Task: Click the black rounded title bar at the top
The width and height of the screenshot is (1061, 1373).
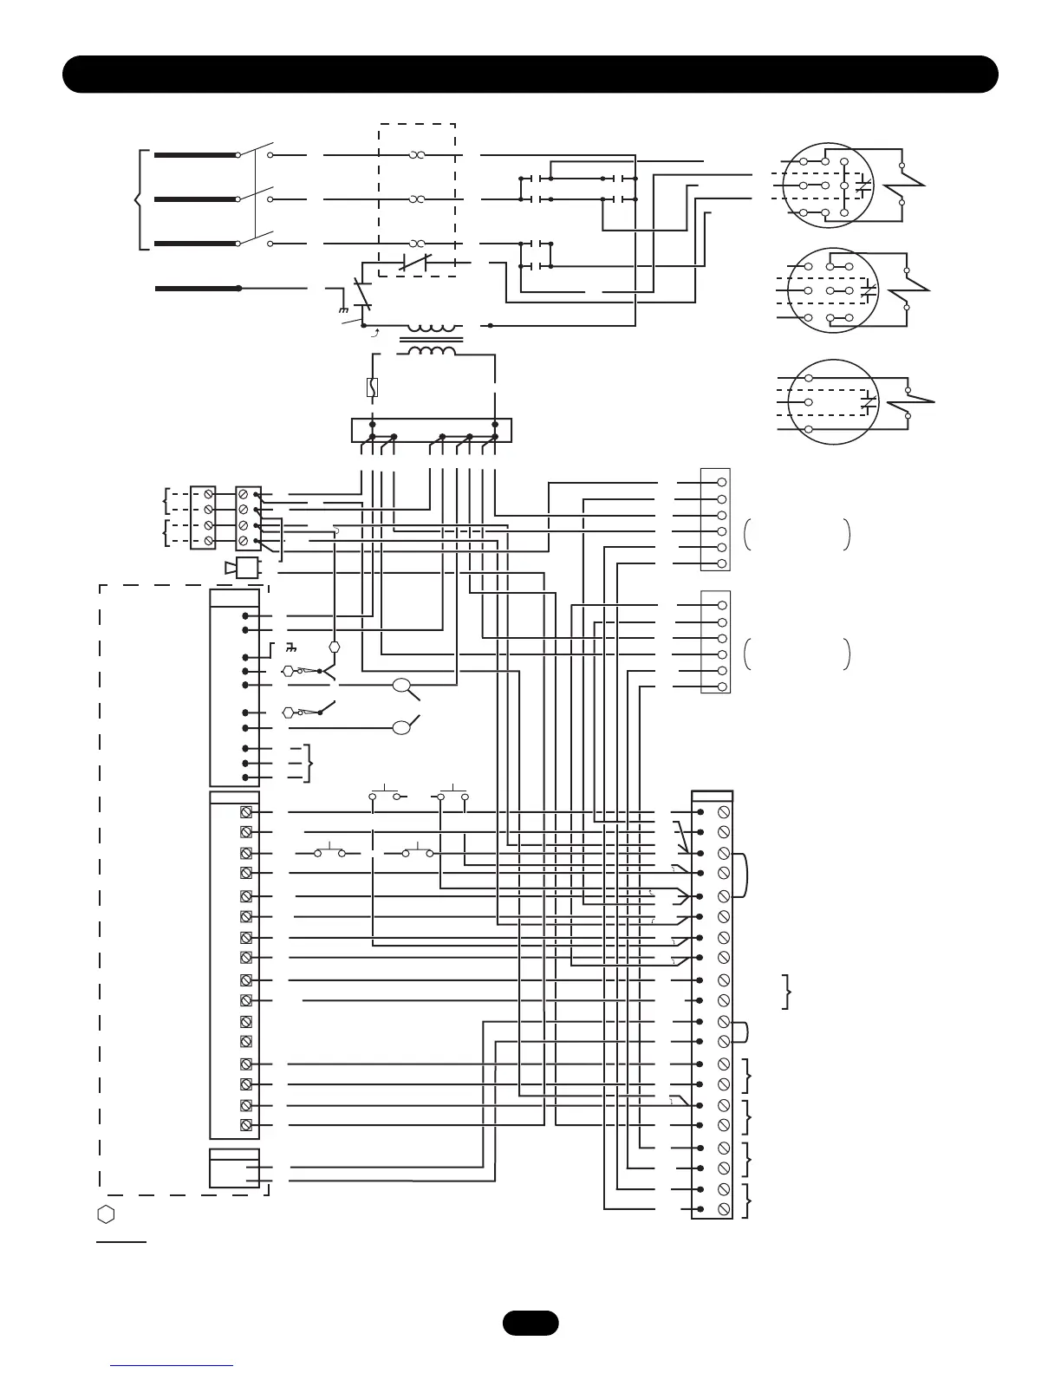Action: coord(530,74)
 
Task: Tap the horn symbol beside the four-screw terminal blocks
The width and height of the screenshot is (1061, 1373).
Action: coord(243,569)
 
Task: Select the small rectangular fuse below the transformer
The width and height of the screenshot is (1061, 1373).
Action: coord(372,387)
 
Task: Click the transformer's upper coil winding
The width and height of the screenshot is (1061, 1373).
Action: coord(431,329)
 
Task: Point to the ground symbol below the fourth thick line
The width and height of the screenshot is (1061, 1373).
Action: coord(344,310)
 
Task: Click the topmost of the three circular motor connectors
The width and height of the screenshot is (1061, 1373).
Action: coord(828,185)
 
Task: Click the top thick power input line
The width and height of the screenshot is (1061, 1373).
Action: coord(196,155)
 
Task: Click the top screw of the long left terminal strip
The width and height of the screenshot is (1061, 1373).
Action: coord(246,811)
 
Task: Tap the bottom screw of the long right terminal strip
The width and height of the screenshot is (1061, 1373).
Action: coord(724,1209)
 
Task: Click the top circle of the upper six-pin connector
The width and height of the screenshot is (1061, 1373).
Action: coord(722,482)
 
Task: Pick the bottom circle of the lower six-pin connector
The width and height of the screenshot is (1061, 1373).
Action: coord(722,686)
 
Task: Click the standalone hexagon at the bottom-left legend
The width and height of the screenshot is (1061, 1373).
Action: coord(106,1214)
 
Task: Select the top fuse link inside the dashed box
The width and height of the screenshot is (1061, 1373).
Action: coord(417,155)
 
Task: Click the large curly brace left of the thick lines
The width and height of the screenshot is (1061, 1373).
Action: coord(139,199)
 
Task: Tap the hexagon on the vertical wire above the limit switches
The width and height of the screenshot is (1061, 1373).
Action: coord(335,647)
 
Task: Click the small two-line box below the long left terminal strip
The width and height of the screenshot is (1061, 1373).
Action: coord(234,1168)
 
